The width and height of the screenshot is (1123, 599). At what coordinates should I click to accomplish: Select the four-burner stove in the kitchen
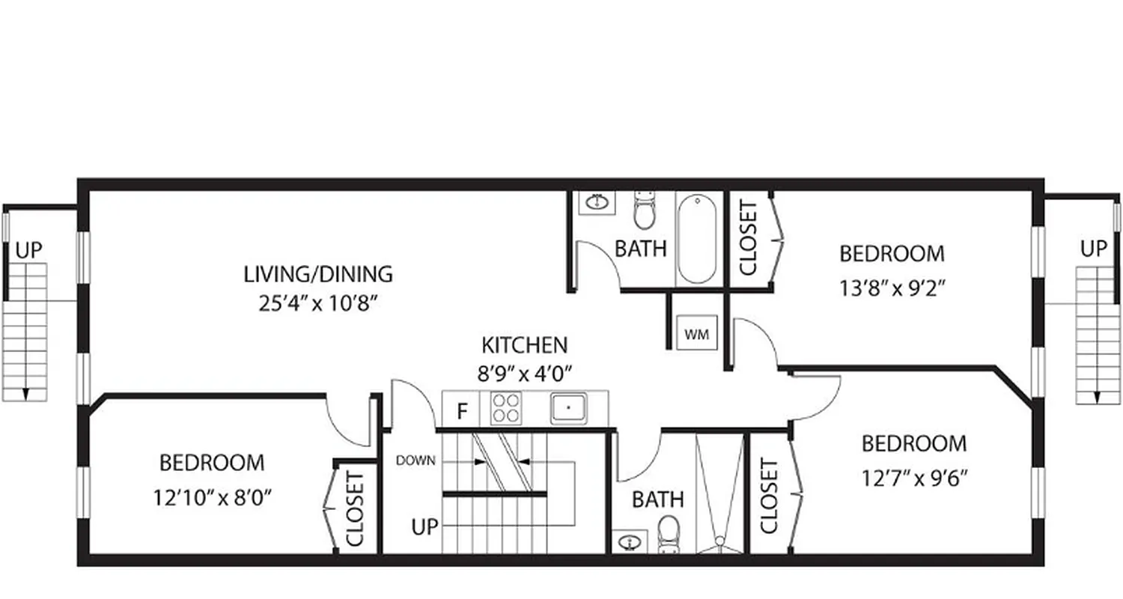(505, 409)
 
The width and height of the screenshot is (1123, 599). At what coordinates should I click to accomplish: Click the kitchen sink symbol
(569, 408)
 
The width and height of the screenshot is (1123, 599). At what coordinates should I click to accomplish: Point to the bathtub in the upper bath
(697, 239)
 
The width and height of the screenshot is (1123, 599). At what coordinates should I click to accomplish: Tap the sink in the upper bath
(597, 202)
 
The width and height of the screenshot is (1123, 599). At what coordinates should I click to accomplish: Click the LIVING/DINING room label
(318, 274)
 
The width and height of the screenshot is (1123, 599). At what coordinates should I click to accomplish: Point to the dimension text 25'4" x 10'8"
(318, 304)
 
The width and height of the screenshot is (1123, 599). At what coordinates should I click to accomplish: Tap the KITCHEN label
(524, 345)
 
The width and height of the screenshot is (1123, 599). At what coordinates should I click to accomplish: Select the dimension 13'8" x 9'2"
(892, 288)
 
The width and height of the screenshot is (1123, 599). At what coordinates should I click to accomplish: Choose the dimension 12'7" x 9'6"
(914, 478)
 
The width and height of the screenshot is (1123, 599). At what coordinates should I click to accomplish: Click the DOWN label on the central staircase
(416, 460)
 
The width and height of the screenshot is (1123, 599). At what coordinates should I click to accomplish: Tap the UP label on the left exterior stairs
(29, 250)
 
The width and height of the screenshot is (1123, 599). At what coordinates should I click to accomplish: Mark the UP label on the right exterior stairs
(1094, 249)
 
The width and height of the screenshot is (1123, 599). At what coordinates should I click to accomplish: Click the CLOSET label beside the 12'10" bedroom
(356, 508)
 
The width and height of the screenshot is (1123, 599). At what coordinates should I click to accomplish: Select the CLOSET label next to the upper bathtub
(748, 238)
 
